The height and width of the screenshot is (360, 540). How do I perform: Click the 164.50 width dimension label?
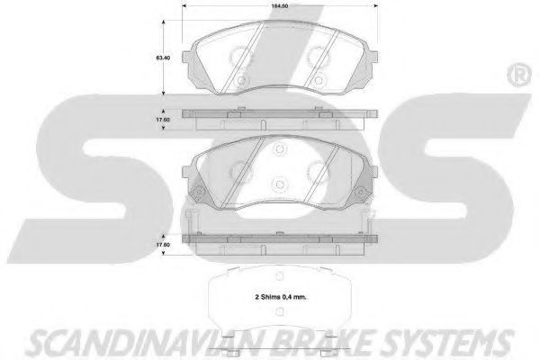279,6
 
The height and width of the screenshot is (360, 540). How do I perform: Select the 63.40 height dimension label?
163,58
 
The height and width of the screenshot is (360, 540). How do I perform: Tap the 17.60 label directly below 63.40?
163,120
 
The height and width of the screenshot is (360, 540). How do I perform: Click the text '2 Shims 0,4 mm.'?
281,297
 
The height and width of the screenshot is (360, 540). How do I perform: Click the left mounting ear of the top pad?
186,58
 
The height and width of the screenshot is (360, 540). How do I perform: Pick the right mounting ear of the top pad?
374,58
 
